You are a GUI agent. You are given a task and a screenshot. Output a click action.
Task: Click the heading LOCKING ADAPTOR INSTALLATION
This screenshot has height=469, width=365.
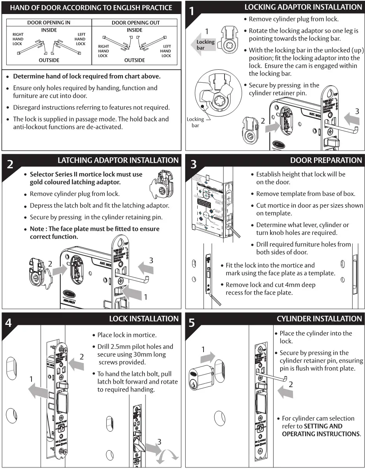[x=303, y=7]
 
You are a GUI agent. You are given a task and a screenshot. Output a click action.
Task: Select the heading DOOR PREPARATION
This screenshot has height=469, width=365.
[x=326, y=160]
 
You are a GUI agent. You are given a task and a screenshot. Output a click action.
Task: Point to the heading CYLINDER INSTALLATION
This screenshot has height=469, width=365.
[x=319, y=319]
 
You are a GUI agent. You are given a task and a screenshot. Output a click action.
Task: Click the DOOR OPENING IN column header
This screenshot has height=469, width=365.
[x=49, y=23]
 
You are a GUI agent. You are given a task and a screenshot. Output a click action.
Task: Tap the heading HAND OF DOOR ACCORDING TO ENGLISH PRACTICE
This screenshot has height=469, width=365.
[x=91, y=7]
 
